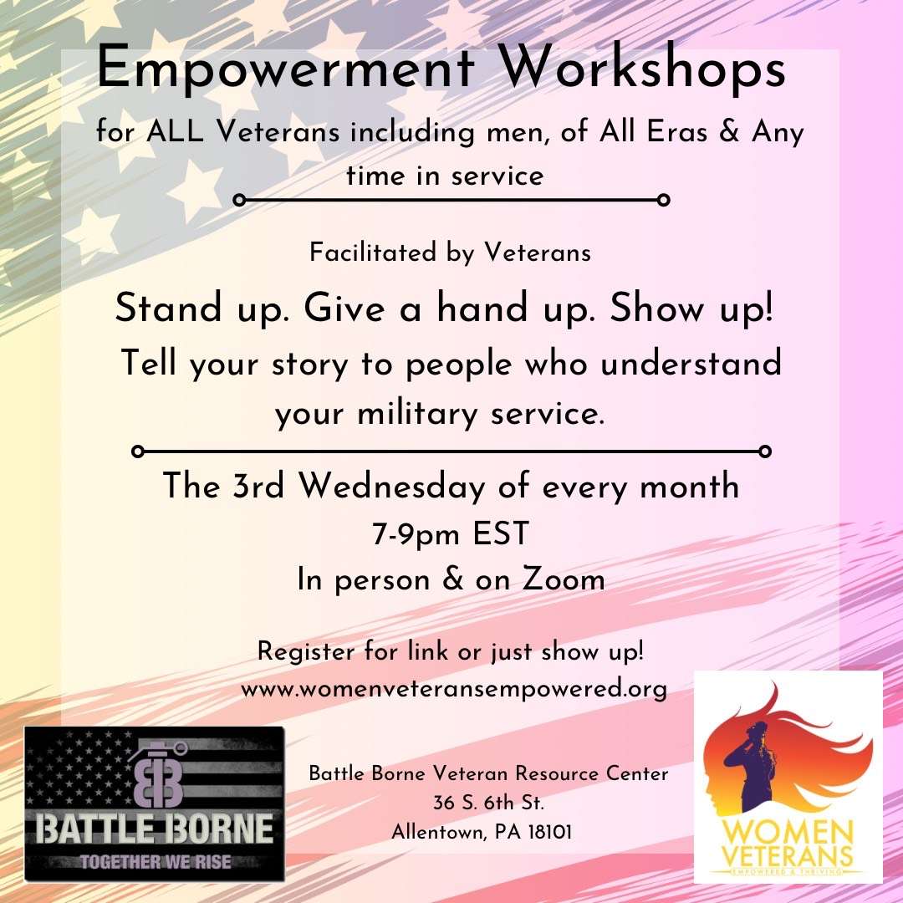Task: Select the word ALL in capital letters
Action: tap(175, 131)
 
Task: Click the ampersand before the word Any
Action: tap(729, 131)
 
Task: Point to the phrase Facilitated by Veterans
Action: tap(451, 253)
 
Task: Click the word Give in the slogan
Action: tap(344, 308)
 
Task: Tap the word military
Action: tap(417, 414)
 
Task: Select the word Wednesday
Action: tap(391, 486)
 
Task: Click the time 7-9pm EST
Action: tap(451, 533)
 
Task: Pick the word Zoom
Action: tap(564, 579)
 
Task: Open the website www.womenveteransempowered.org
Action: tap(454, 689)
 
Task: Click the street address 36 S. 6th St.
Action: tap(488, 802)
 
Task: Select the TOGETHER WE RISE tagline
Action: tap(155, 861)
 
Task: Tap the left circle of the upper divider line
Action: tap(240, 200)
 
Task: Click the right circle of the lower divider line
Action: tap(765, 451)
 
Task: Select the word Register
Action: tap(306, 652)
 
